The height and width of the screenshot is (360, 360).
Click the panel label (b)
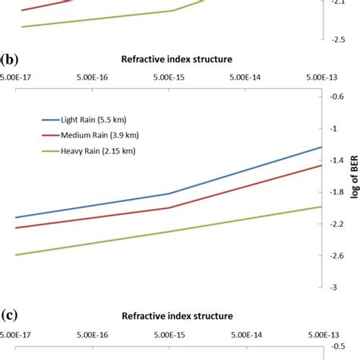pos(10,58)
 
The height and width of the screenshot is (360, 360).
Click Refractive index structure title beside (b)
pos(176,58)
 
